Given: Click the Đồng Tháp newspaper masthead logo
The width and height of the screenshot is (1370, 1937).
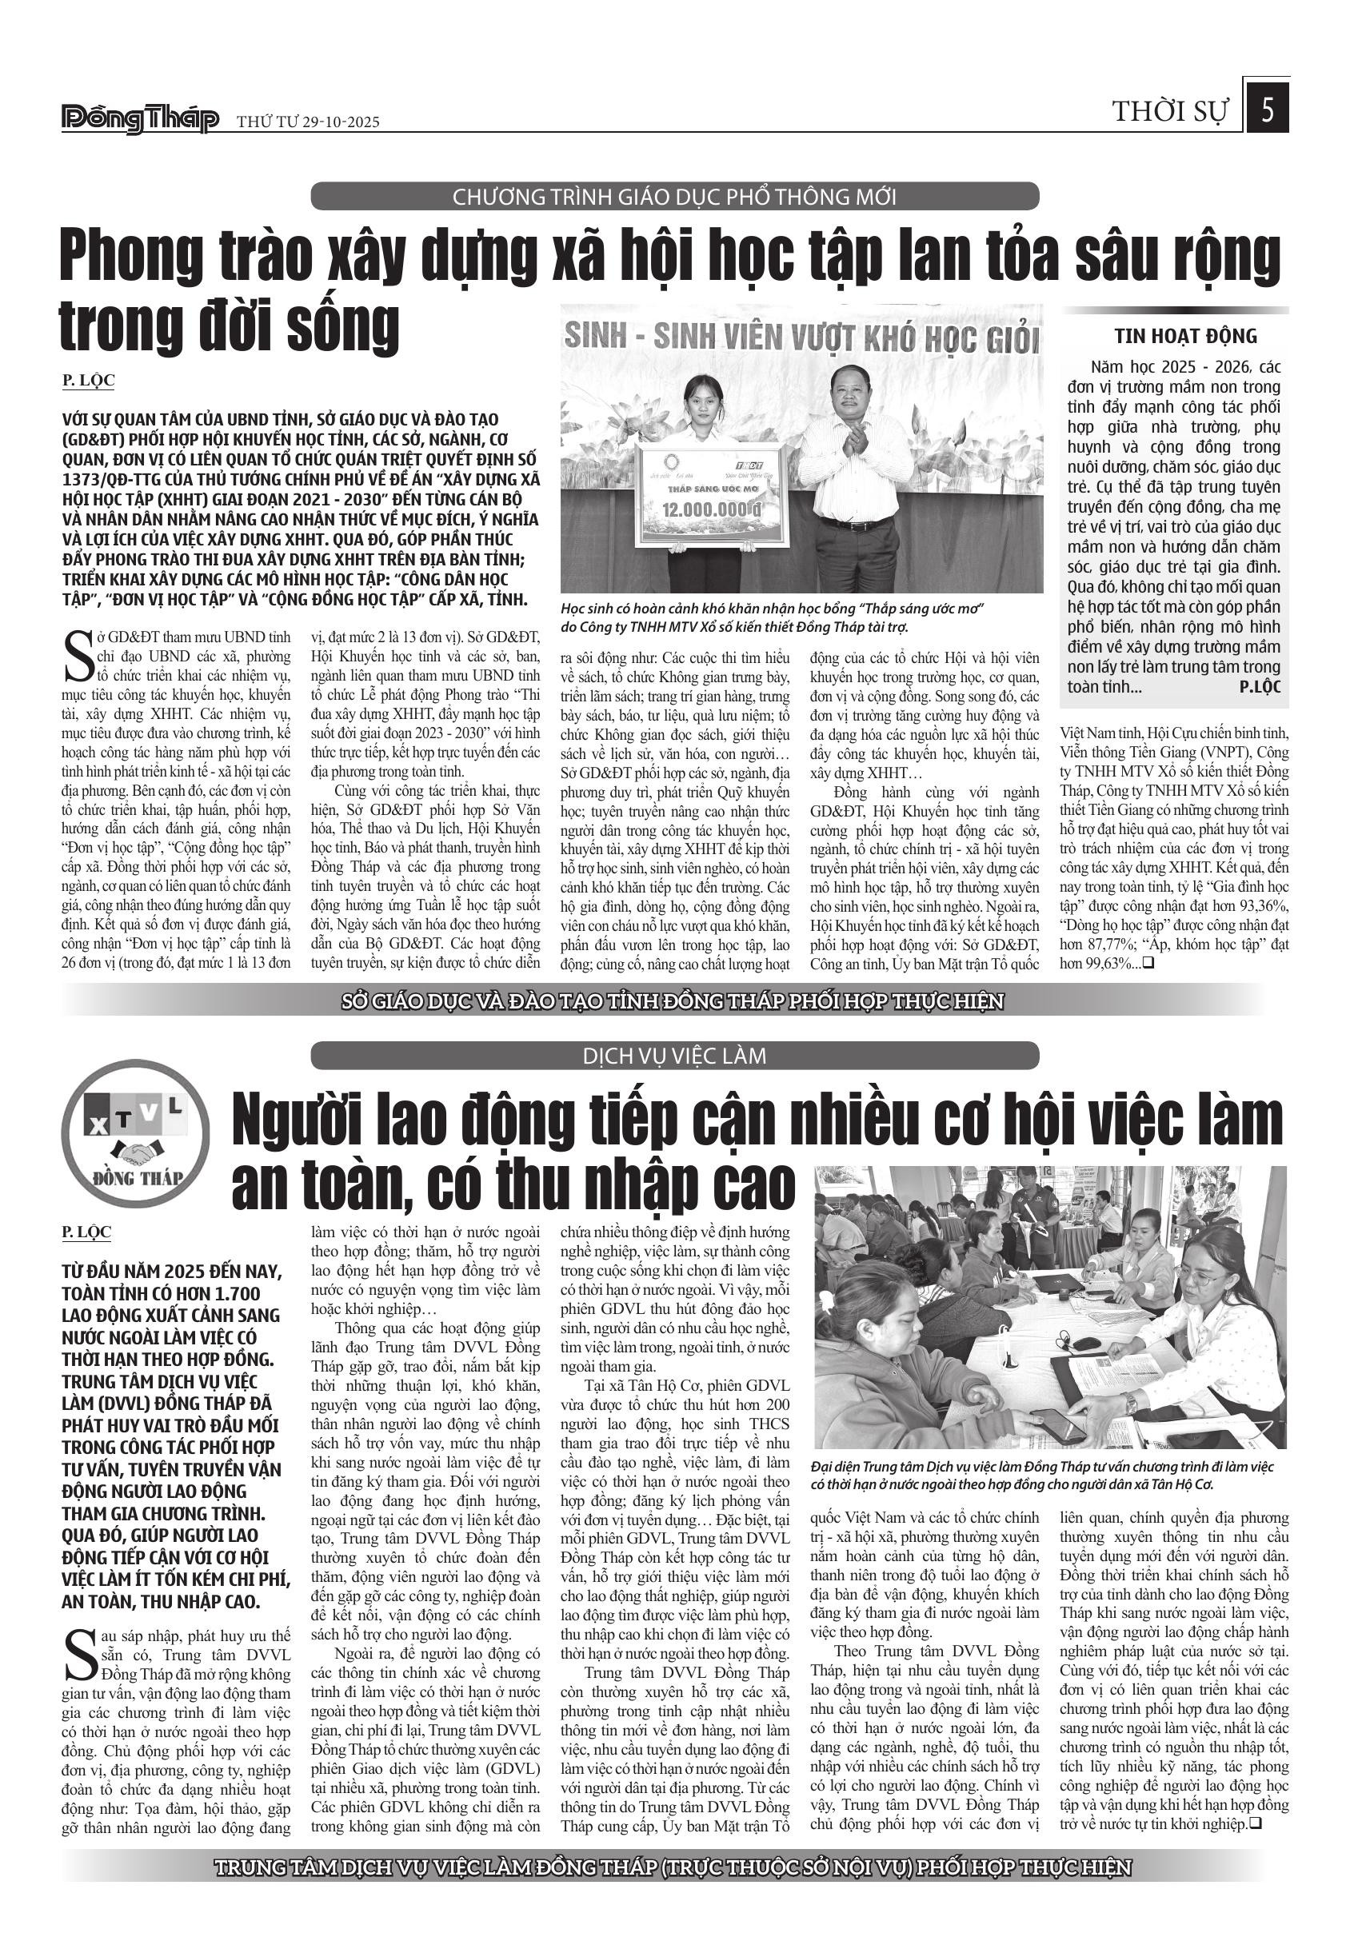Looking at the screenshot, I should point(140,120).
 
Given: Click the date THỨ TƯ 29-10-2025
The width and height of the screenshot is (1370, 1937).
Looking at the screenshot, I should point(308,122).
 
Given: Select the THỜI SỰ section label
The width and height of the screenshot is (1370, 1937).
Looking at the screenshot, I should point(1171,111).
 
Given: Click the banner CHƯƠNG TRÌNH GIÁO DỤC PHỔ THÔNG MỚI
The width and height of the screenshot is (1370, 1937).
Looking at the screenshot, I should point(674,198).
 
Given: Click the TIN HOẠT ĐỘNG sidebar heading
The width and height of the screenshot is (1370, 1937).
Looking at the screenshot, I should point(1185,337).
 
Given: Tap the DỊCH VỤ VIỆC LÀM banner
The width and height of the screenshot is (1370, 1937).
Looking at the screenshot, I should point(674,1056).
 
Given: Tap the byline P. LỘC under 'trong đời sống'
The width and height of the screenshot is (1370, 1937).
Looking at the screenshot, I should point(88,381).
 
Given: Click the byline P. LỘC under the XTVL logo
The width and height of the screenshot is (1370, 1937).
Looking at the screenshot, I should point(87,1232).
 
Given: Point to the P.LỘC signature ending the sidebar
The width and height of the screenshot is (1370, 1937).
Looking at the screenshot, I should point(1260,687).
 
